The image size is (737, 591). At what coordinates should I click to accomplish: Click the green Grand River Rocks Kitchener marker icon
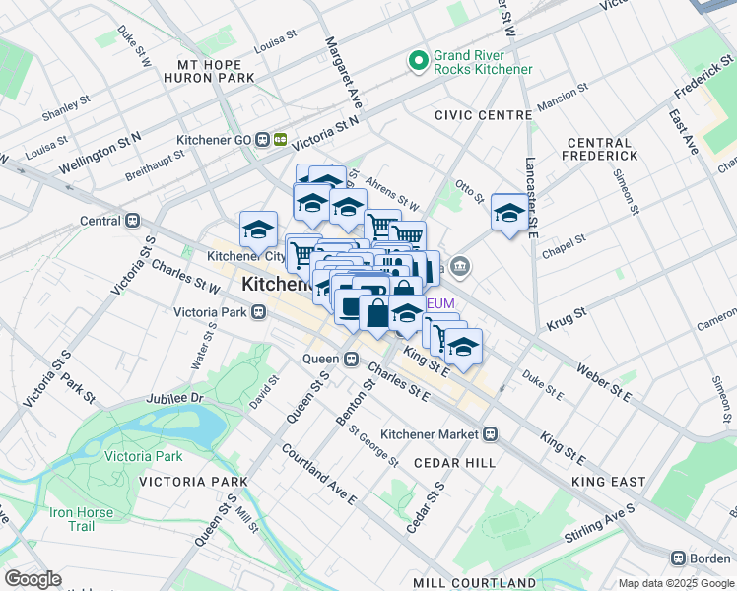click(x=418, y=61)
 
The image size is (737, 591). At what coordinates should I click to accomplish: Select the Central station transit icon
click(x=131, y=221)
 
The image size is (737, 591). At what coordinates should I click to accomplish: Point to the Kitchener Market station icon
click(x=490, y=433)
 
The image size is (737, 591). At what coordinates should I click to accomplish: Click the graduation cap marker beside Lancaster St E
click(x=508, y=213)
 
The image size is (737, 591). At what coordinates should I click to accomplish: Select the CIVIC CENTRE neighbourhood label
click(x=484, y=115)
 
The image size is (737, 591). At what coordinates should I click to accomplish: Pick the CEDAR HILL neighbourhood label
click(x=454, y=462)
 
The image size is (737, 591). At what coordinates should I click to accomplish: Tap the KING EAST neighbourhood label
click(x=608, y=482)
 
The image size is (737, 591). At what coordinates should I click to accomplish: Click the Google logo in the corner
click(x=33, y=579)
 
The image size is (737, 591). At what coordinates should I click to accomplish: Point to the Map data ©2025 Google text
click(x=675, y=583)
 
